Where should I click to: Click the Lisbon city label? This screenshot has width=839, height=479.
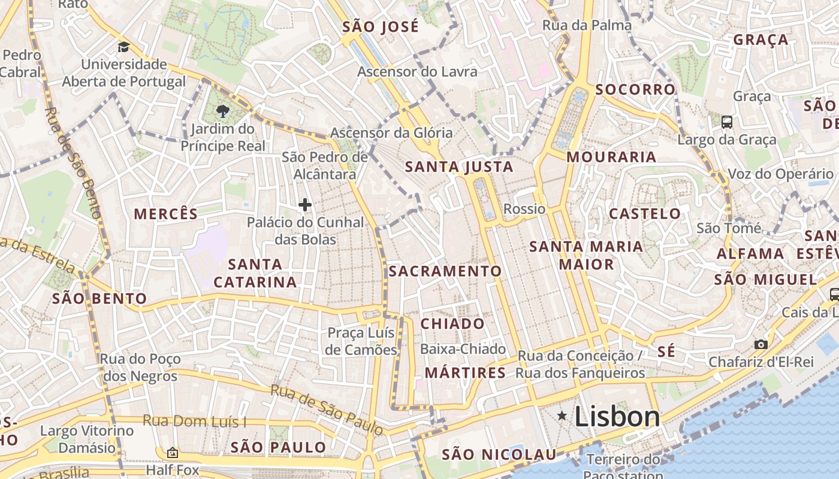tap(617, 417)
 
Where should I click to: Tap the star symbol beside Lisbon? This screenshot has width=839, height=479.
tap(562, 416)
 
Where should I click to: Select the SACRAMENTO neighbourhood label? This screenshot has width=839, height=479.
tap(445, 271)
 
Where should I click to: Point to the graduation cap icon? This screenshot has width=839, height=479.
tap(123, 47)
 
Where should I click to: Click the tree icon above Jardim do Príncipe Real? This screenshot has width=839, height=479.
tap(222, 110)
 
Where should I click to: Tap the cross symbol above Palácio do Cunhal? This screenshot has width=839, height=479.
tap(305, 205)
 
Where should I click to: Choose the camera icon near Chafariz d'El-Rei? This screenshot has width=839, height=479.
tap(760, 344)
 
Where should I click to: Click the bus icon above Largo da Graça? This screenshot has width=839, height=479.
tap(727, 122)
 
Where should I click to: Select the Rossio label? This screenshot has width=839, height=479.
tap(524, 209)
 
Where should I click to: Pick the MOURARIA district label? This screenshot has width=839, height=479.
tap(611, 157)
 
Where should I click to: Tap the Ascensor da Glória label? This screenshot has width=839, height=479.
tap(391, 133)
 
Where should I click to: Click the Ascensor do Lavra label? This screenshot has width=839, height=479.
tap(417, 72)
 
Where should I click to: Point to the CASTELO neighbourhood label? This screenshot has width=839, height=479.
tap(645, 214)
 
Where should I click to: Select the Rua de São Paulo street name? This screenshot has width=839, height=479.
tap(327, 410)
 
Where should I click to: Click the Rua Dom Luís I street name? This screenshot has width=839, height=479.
tap(194, 421)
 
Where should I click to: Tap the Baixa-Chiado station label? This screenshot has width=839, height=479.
tap(463, 348)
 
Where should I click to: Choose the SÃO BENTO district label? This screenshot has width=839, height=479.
tap(99, 298)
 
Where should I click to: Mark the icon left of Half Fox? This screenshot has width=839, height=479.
tap(173, 453)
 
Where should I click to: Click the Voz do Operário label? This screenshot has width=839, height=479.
tap(780, 174)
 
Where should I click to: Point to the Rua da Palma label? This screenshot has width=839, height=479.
tap(587, 25)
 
